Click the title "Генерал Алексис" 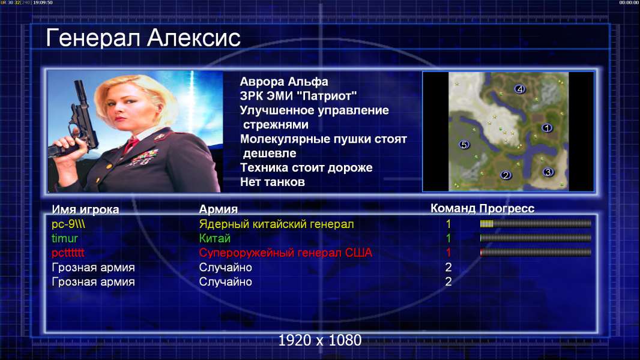[143, 38]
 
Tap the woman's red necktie [131, 145]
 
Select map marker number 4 [519, 89]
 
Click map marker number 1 [547, 128]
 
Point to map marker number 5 [463, 145]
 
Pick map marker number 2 [506, 175]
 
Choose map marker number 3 [548, 172]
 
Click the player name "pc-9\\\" [68, 224]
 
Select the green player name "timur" [64, 239]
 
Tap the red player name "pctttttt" [68, 253]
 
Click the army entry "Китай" [215, 239]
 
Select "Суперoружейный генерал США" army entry [285, 253]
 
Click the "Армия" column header [218, 209]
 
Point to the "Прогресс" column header [507, 209]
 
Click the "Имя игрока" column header [85, 209]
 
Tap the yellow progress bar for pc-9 [536, 223]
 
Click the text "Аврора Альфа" [283, 82]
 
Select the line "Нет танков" [272, 182]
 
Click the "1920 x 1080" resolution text [319, 340]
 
